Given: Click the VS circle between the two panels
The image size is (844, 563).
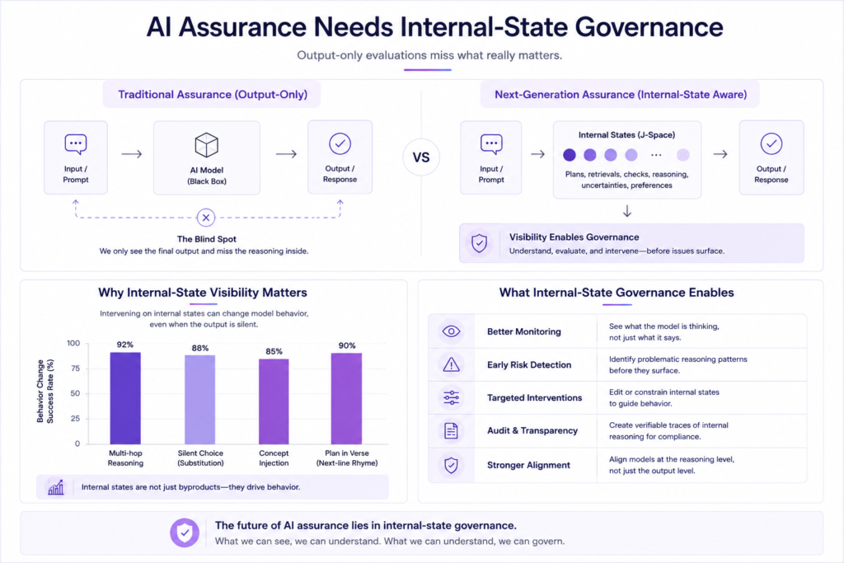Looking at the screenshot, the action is pyautogui.click(x=421, y=157).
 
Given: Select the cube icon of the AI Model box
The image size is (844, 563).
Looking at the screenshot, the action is pyautogui.click(x=207, y=145).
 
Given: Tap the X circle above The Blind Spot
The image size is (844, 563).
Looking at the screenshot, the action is pyautogui.click(x=205, y=218).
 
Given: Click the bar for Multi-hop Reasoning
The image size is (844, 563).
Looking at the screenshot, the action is pyautogui.click(x=125, y=398).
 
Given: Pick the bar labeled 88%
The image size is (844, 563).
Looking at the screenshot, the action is pyautogui.click(x=199, y=400).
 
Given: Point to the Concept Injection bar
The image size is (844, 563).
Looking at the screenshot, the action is pyautogui.click(x=274, y=401).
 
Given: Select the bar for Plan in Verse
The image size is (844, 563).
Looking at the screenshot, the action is pyautogui.click(x=347, y=399).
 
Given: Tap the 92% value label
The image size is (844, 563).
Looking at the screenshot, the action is pyautogui.click(x=125, y=345).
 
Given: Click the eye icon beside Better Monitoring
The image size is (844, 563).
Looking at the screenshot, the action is pyautogui.click(x=451, y=331).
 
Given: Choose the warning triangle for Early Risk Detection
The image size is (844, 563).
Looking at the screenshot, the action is pyautogui.click(x=451, y=364).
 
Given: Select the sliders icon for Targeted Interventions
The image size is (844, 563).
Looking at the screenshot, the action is pyautogui.click(x=451, y=398).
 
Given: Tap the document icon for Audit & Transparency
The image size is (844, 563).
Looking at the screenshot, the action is pyautogui.click(x=451, y=430).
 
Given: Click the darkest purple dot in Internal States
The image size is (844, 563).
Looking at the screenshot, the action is pyautogui.click(x=570, y=155).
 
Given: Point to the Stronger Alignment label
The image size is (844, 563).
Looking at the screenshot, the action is pyautogui.click(x=528, y=465).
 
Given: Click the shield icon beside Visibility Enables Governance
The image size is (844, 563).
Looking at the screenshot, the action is pyautogui.click(x=479, y=243).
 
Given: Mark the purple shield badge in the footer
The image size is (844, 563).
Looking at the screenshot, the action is pyautogui.click(x=185, y=533).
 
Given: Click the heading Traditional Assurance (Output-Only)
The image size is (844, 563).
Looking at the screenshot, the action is pyautogui.click(x=213, y=95).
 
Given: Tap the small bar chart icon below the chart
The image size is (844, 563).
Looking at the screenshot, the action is pyautogui.click(x=56, y=487).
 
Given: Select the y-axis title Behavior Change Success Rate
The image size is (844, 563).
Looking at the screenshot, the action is pyautogui.click(x=45, y=392).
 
